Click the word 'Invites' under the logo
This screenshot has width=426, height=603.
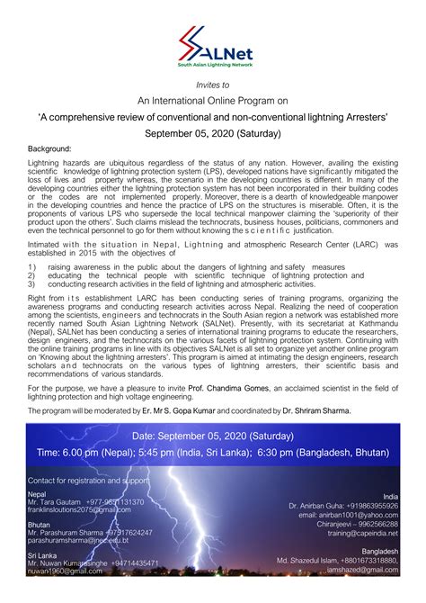[x=209, y=84]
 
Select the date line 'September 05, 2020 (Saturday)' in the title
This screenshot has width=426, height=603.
[x=213, y=132]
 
